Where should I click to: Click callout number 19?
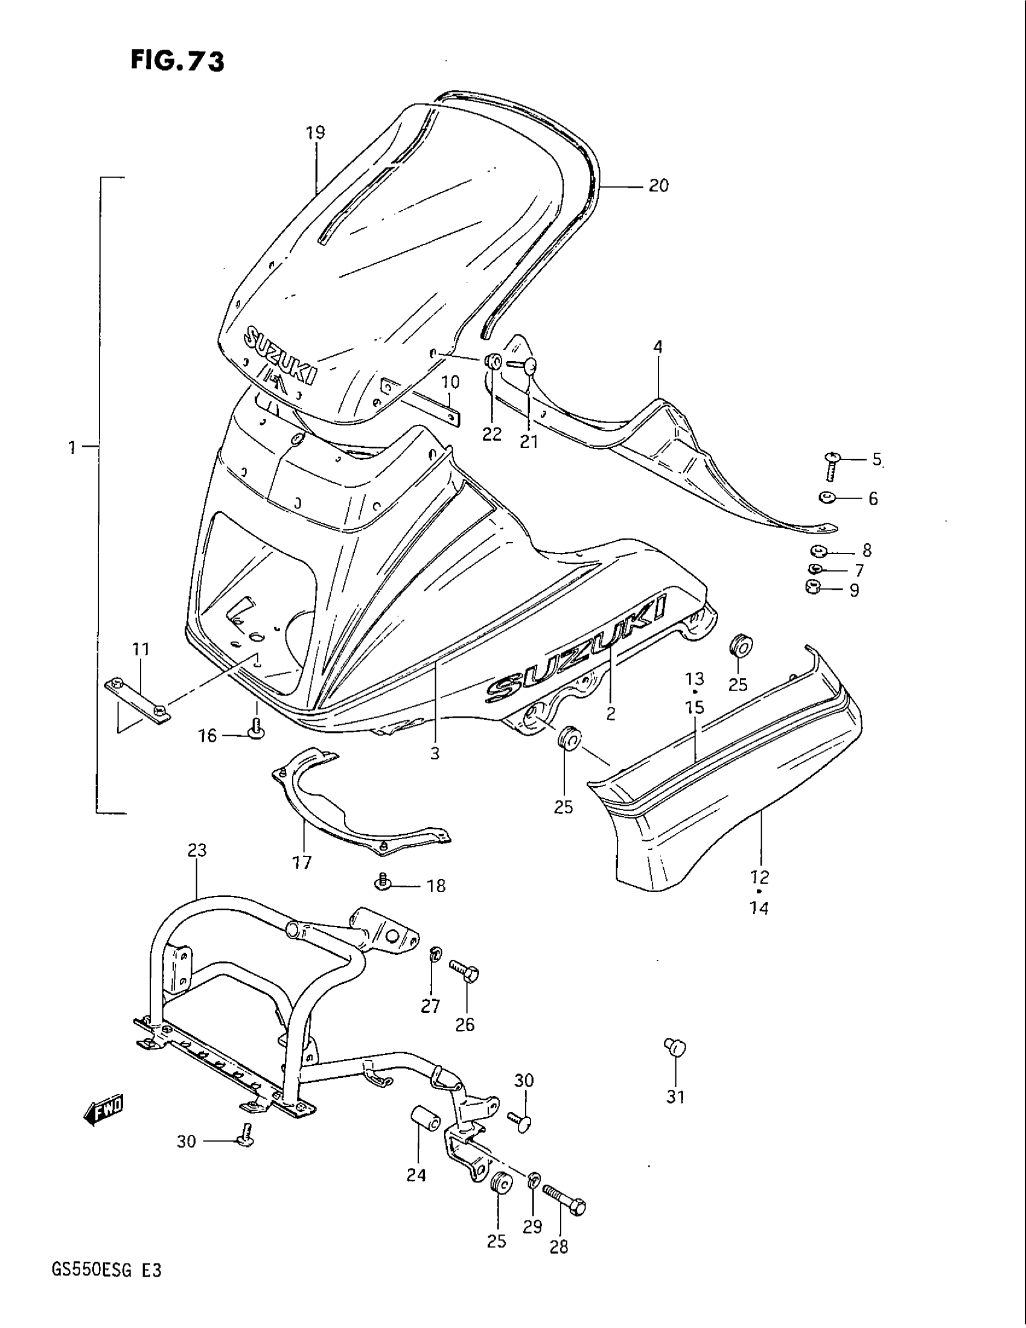pos(316,133)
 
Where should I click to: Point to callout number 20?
pos(658,185)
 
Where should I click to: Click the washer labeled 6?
pos(827,499)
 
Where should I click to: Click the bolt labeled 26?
pos(465,971)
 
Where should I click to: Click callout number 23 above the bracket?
pos(197,850)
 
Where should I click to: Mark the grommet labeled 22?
pos(493,362)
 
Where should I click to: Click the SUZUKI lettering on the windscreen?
pos(279,356)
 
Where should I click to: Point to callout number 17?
pos(302,862)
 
